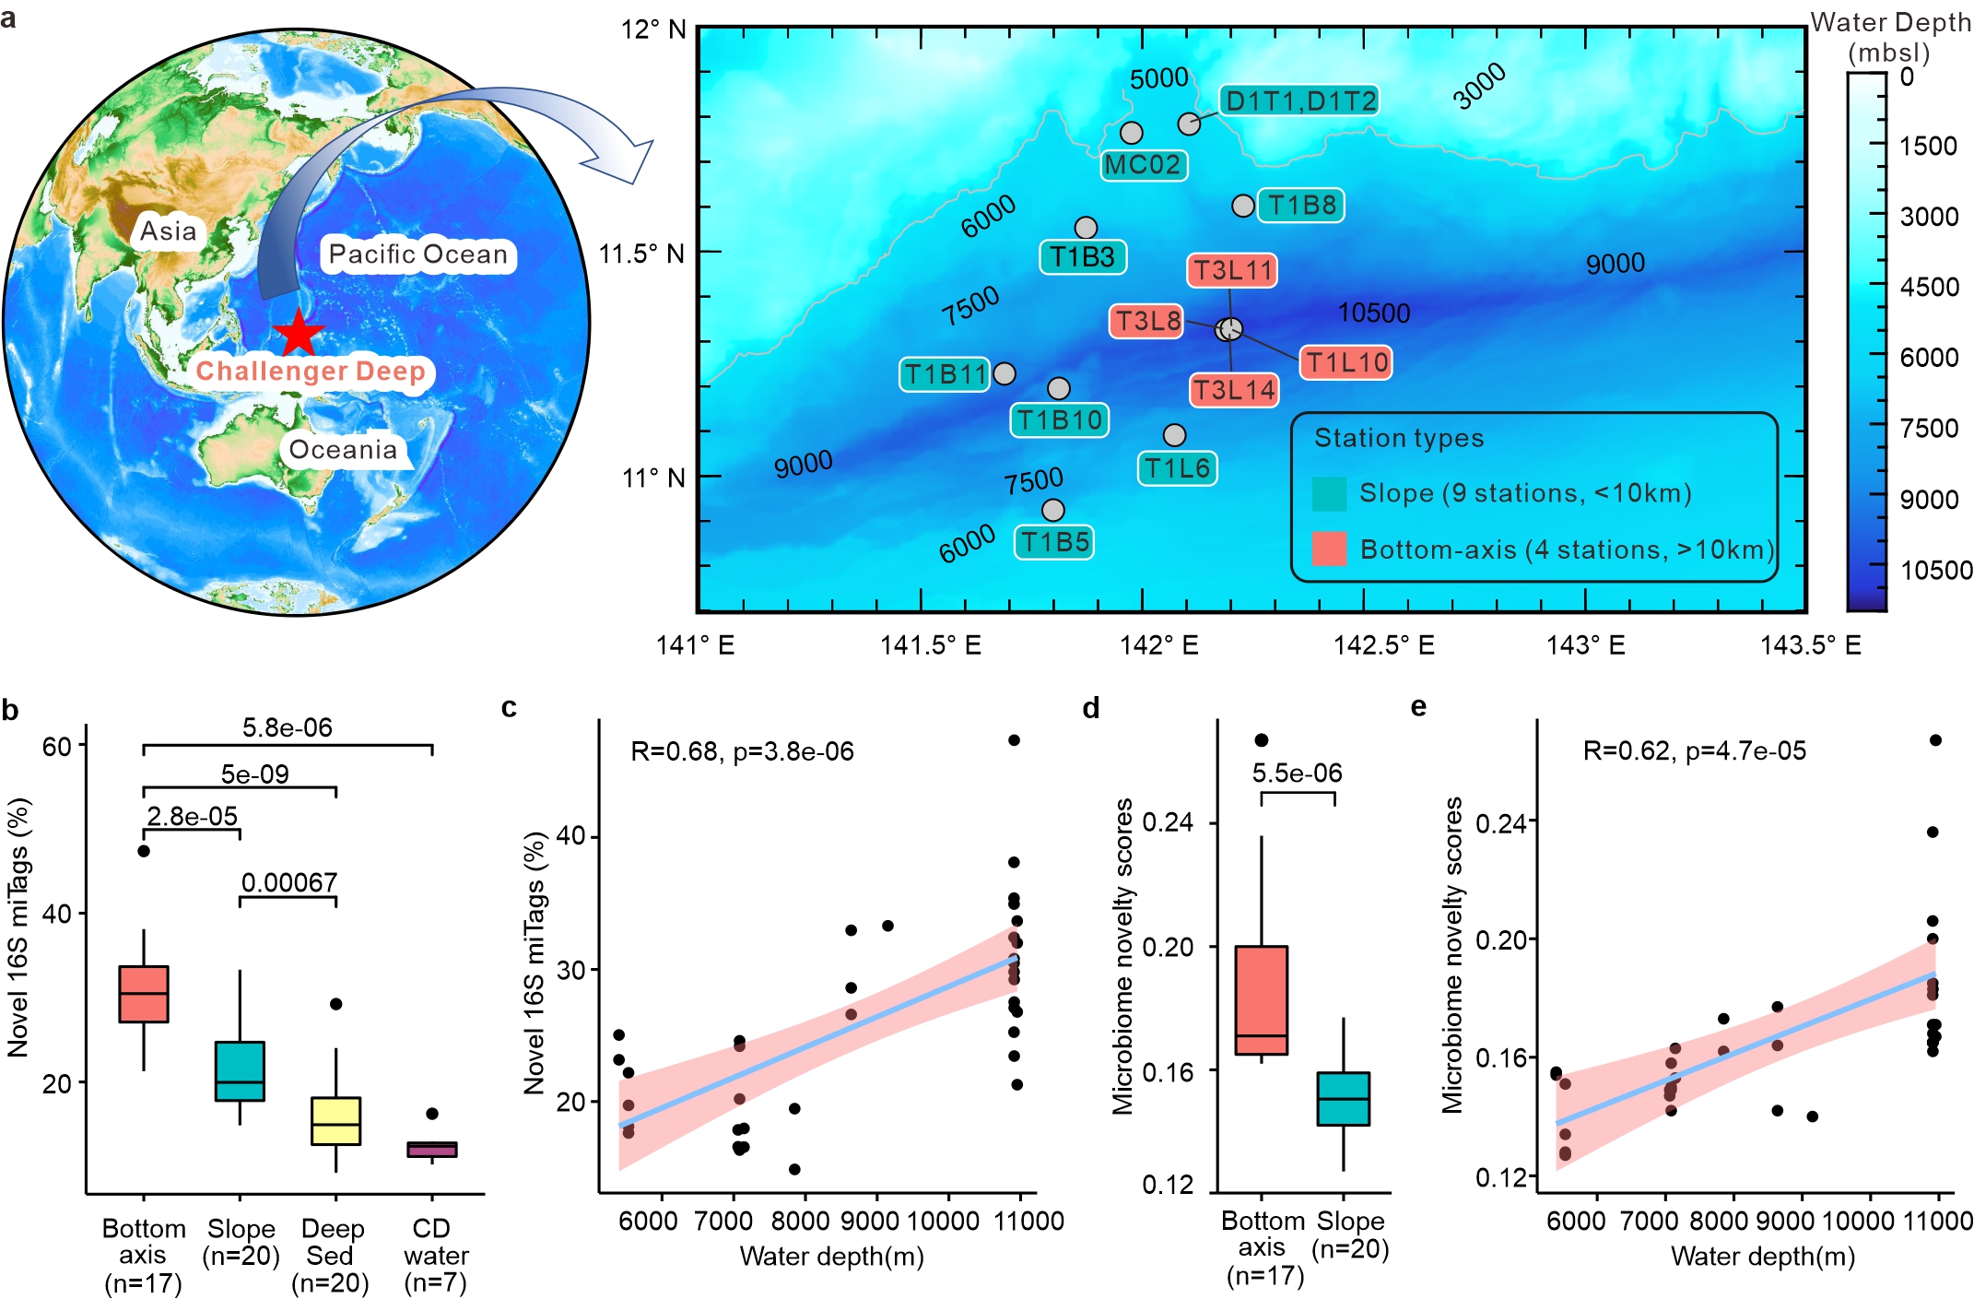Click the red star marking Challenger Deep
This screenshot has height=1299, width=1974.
pos(299,334)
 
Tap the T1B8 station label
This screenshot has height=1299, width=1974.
pos(1301,205)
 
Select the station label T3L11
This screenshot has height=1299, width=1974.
pos(1232,270)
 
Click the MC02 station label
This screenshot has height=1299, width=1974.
pos(1143,165)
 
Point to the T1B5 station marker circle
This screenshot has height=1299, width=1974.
pos(1052,510)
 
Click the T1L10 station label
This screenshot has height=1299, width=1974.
pos(1345,362)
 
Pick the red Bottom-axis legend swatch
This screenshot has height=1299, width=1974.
pos(1329,549)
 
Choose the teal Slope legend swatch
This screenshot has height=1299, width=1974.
pos(1329,493)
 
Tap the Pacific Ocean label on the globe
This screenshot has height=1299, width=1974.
pos(418,254)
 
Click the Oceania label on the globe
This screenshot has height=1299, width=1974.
pos(343,450)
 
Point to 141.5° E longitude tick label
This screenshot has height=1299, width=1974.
pos(930,644)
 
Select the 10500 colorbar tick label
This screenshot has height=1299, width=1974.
pos(1935,570)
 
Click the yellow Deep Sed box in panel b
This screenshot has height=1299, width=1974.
pos(335,1121)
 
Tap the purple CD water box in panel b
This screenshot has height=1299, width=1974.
pos(432,1149)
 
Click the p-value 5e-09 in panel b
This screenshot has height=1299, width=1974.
pos(254,773)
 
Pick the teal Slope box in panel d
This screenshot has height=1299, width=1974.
pos(1343,1098)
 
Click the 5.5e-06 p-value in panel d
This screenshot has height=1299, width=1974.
pos(1297,773)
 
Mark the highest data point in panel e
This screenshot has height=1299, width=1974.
pos(1935,740)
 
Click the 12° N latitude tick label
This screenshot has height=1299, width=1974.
pos(653,30)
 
